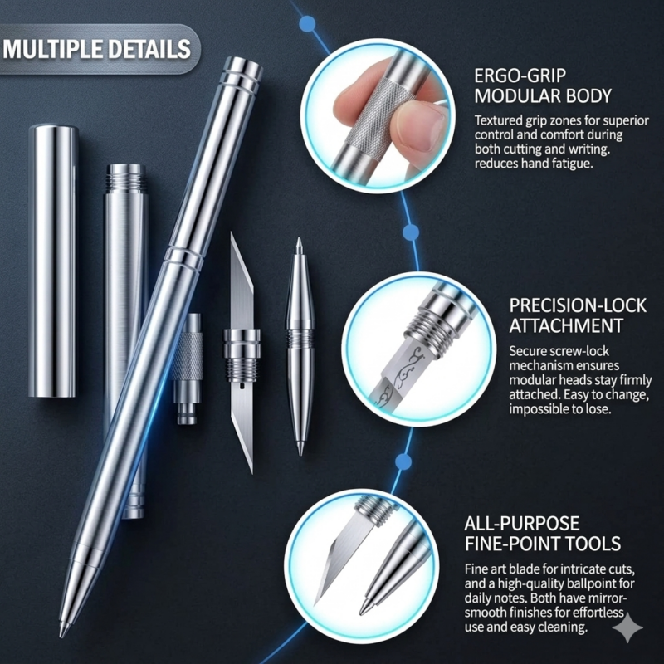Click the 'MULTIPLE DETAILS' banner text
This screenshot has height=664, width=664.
(96, 49)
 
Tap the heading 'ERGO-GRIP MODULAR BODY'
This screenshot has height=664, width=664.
(543, 86)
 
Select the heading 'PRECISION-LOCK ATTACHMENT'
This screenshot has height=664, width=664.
(578, 316)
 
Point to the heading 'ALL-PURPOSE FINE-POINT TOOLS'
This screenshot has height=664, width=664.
(543, 534)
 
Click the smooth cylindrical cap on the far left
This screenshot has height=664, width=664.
(53, 261)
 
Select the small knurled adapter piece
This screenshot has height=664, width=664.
(188, 369)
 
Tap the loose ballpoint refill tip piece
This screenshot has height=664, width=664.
(300, 346)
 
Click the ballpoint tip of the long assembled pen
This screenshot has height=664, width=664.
(65, 629)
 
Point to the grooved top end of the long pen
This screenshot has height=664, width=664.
(242, 75)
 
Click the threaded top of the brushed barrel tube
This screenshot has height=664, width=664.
(125, 178)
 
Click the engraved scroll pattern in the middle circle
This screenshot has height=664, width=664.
(403, 373)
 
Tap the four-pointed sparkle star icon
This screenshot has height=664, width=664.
(627, 627)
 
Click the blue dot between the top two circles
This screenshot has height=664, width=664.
(411, 232)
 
